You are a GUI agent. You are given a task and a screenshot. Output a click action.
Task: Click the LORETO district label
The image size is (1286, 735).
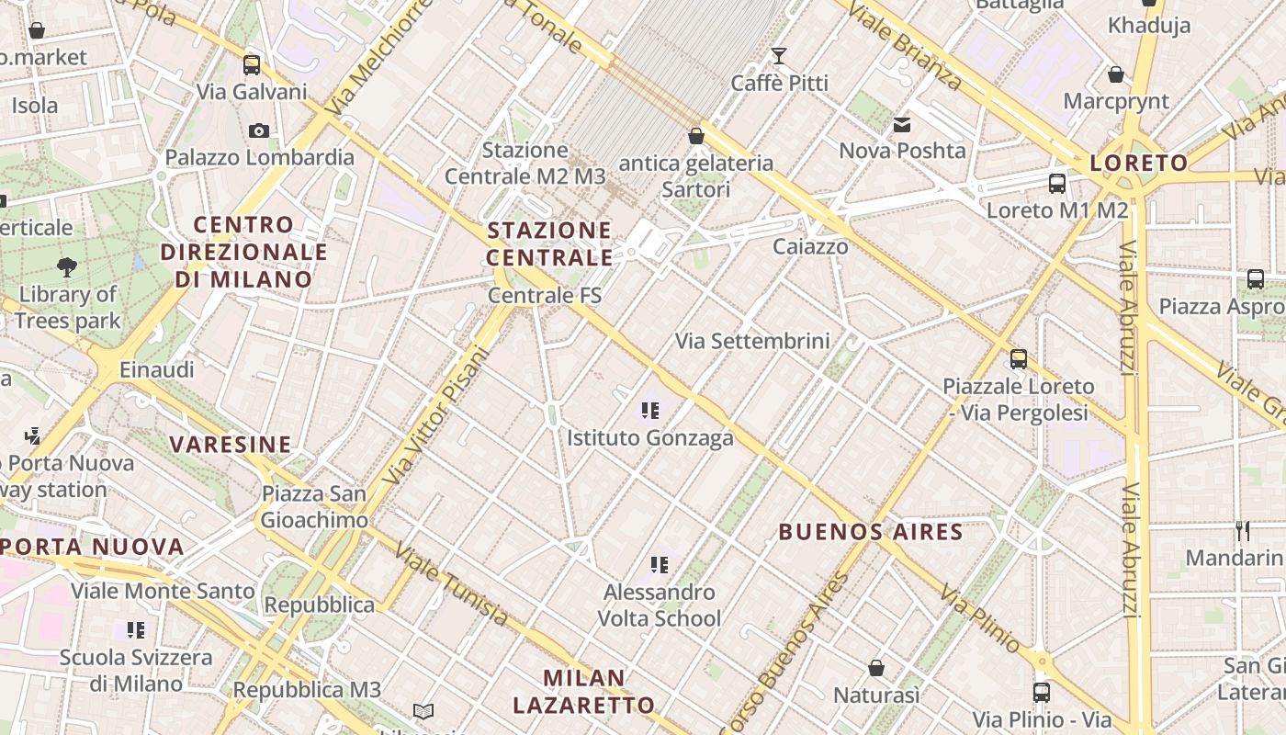tap(1138, 164)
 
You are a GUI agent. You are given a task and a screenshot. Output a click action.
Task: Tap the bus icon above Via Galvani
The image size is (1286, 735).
tap(252, 64)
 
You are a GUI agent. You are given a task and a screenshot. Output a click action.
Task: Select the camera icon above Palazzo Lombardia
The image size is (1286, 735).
tap(259, 130)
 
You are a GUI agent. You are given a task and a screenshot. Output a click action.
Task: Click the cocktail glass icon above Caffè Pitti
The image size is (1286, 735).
tap(779, 56)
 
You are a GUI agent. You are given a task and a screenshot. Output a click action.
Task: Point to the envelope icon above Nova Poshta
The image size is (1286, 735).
tap(902, 124)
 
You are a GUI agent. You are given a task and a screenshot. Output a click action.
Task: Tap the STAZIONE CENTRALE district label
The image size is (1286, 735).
tap(549, 243)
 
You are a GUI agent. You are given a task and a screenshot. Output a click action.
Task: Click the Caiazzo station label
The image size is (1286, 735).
tap(810, 246)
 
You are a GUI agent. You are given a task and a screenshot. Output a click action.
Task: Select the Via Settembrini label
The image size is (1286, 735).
tap(752, 341)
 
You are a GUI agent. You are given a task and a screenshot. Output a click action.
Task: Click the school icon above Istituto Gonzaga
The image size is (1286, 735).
tap(650, 410)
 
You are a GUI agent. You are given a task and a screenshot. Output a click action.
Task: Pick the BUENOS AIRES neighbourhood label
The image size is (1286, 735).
tap(871, 531)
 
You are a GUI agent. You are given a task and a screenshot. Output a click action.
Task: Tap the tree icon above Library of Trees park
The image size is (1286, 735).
tap(67, 267)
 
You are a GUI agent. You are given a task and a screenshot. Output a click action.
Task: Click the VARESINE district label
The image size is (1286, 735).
tap(231, 445)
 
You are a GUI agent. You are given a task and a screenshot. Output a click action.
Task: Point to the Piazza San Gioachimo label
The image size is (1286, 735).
tap(314, 506)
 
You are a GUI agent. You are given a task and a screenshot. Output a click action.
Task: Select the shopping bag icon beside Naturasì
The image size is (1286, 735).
tap(876, 667)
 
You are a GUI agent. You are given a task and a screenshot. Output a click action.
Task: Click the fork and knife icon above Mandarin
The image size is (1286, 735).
tap(1243, 530)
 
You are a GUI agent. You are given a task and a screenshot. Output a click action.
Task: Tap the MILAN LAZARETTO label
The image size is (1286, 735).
tap(584, 692)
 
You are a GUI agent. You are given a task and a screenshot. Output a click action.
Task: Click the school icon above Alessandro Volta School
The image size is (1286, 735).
tap(659, 564)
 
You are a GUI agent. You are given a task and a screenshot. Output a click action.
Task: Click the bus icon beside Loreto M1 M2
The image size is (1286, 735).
tap(1057, 183)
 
